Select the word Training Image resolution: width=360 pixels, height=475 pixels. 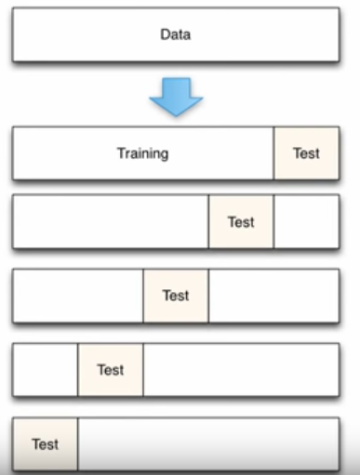[142, 152]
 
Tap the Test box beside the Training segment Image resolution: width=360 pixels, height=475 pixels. [306, 152]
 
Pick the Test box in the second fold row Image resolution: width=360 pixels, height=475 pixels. [241, 222]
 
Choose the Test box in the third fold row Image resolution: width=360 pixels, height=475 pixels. [176, 296]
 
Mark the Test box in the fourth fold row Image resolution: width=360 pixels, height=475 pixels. [110, 369]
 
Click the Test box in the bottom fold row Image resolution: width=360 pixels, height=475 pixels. [45, 443]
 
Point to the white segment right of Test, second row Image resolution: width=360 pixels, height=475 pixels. [306, 222]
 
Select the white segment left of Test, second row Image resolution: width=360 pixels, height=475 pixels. [111, 222]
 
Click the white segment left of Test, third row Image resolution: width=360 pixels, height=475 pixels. [78, 296]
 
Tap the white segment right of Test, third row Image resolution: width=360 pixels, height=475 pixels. [273, 296]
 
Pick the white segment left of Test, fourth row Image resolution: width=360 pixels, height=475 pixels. [45, 369]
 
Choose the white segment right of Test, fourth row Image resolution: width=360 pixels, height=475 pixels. [241, 369]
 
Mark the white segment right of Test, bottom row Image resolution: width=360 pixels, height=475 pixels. [208, 443]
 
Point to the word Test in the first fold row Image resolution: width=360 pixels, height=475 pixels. [306, 152]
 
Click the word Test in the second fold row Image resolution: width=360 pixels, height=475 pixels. [241, 222]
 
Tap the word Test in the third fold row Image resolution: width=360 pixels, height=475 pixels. [176, 296]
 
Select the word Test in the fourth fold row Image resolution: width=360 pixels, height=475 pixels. [110, 369]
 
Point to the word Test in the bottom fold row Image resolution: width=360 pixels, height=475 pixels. [45, 444]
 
